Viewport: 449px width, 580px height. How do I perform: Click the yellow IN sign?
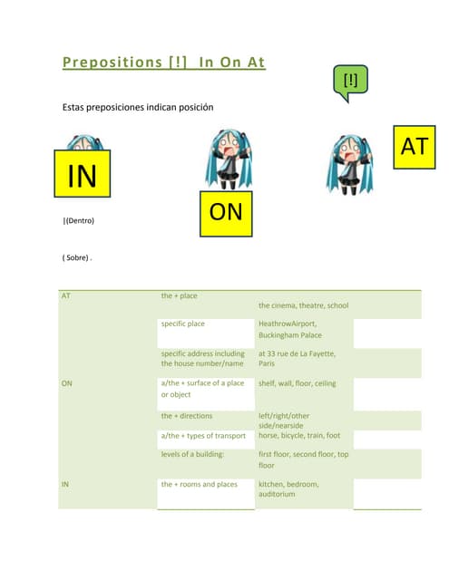[83, 174]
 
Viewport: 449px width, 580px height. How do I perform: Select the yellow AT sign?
[414, 147]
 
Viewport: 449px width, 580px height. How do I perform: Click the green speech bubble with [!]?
[350, 82]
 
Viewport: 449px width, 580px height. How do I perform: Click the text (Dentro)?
[79, 220]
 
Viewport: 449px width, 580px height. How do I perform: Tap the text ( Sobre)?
[77, 257]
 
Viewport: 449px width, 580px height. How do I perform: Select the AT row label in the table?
[66, 296]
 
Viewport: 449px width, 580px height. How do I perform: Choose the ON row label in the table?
[67, 383]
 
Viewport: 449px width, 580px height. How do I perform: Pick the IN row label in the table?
[65, 484]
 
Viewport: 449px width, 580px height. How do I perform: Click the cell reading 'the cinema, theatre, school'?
[303, 305]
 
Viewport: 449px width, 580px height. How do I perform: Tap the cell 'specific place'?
[183, 324]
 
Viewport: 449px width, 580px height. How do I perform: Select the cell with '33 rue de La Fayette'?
[297, 359]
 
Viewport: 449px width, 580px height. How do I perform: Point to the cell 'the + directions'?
[187, 416]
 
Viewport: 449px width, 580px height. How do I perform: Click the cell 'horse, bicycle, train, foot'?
[299, 435]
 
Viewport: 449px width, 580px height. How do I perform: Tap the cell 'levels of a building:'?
[192, 453]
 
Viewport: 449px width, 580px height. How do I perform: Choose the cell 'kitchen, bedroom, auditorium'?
[290, 488]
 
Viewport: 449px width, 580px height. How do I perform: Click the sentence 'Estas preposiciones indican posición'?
[137, 107]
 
